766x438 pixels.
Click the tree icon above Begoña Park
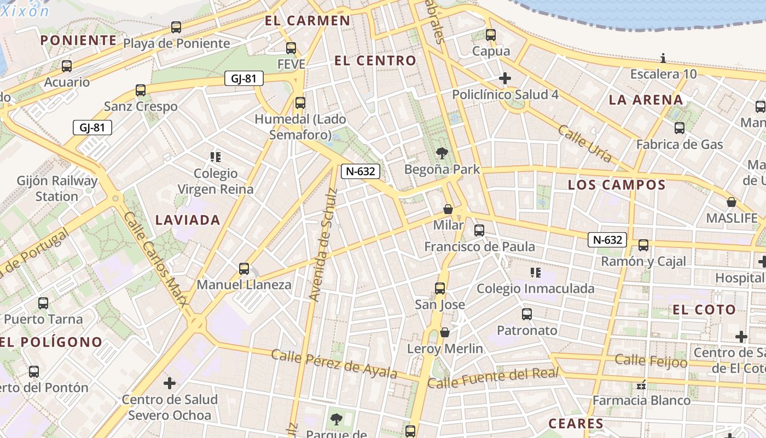pyautogui.click(x=442, y=153)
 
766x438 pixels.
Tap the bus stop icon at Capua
pyautogui.click(x=491, y=35)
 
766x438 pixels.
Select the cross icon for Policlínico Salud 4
pyautogui.click(x=505, y=78)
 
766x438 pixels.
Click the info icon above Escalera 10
pyautogui.click(x=663, y=58)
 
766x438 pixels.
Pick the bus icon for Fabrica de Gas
pyautogui.click(x=680, y=128)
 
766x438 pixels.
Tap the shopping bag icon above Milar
pyautogui.click(x=448, y=209)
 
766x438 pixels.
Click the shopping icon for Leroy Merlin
pyautogui.click(x=445, y=332)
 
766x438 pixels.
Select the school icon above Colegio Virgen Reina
pyautogui.click(x=216, y=157)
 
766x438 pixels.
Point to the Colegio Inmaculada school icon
pyautogui.click(x=535, y=272)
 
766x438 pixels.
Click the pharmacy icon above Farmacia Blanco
pyautogui.click(x=642, y=385)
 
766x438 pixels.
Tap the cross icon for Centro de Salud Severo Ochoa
pyautogui.click(x=170, y=383)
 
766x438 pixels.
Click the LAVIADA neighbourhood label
pyautogui.click(x=188, y=220)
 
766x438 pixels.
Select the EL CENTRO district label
pyautogui.click(x=375, y=61)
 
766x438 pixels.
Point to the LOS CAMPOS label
pyautogui.click(x=617, y=185)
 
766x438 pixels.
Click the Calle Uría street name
pyautogui.click(x=584, y=143)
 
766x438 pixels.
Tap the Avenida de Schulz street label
pyautogui.click(x=323, y=244)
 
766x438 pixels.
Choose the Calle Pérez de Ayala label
pyautogui.click(x=334, y=364)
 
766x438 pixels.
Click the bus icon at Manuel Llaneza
pyautogui.click(x=244, y=269)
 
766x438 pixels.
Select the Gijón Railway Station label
pyautogui.click(x=57, y=188)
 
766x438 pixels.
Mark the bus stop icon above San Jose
pyautogui.click(x=440, y=289)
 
